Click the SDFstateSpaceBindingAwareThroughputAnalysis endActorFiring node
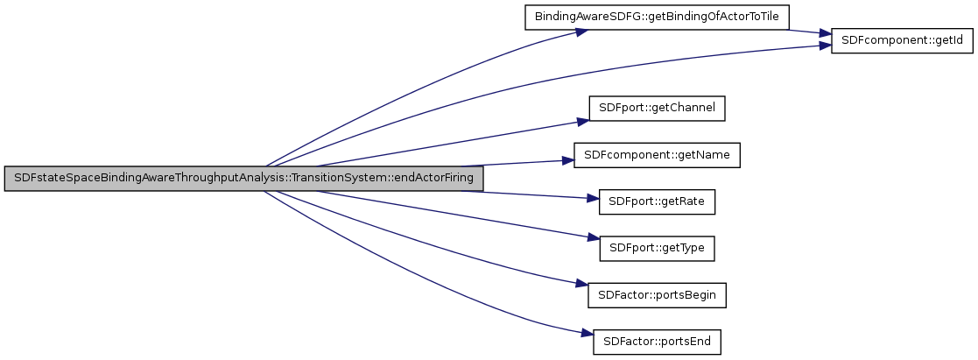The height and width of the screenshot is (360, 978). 243,178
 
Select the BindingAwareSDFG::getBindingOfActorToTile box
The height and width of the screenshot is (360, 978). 657,17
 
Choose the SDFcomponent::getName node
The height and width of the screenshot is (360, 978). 657,155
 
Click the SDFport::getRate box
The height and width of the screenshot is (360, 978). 657,201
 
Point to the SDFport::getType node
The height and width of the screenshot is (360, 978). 657,249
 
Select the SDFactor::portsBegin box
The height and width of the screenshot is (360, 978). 657,295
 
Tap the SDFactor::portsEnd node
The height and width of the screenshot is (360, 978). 657,342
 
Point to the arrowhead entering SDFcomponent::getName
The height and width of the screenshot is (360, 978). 567,161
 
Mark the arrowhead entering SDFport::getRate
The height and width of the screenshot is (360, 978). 592,199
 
